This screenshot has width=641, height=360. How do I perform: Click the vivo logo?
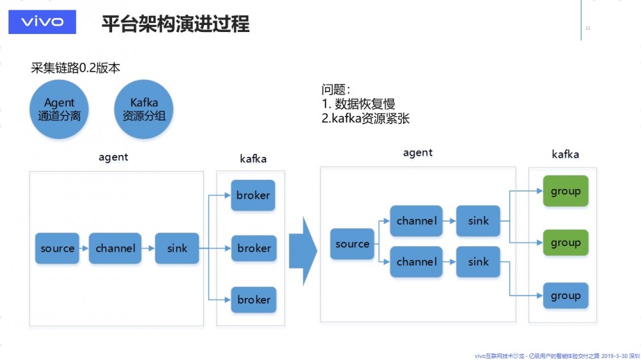[42, 22]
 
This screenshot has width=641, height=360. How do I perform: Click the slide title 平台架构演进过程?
[175, 24]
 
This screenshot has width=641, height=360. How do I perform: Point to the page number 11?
[588, 28]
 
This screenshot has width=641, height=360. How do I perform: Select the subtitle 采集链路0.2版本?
[75, 68]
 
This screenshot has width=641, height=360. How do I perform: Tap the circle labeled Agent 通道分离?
[60, 110]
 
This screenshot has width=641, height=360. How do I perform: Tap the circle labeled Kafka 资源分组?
[144, 110]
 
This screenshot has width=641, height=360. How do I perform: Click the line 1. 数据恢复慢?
[358, 104]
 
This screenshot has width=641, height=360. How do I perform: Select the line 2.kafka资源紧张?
[365, 119]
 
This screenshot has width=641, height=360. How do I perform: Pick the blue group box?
[565, 296]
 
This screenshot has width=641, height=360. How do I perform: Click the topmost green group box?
[565, 191]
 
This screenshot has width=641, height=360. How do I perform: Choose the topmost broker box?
[253, 195]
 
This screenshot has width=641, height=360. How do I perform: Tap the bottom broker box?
[254, 300]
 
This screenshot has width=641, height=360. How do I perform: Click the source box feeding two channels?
[352, 244]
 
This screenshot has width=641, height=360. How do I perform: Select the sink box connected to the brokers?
[177, 248]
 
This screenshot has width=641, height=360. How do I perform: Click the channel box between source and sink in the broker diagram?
[115, 248]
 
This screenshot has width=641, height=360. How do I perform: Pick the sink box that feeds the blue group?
[478, 262]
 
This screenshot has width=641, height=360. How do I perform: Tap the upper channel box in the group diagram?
[417, 221]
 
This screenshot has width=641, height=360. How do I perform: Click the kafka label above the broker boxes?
[253, 159]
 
